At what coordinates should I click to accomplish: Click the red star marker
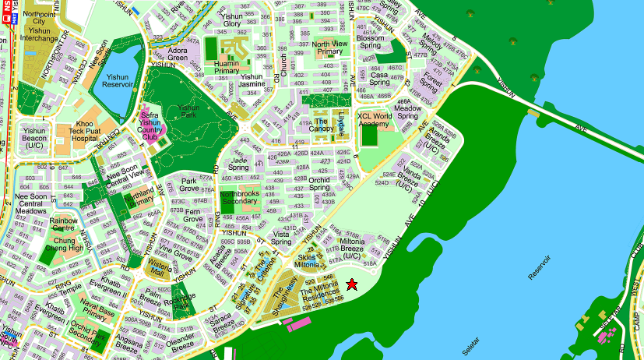pyautogui.click(x=351, y=284)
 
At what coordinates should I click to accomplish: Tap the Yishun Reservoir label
pyautogui.click(x=118, y=82)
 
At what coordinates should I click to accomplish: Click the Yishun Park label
pyautogui.click(x=188, y=112)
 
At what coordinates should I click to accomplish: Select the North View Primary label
pyautogui.click(x=331, y=48)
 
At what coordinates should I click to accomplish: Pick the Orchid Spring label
pyautogui.click(x=319, y=183)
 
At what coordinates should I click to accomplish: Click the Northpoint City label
pyautogui.click(x=39, y=18)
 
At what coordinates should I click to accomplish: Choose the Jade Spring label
pyautogui.click(x=238, y=164)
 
